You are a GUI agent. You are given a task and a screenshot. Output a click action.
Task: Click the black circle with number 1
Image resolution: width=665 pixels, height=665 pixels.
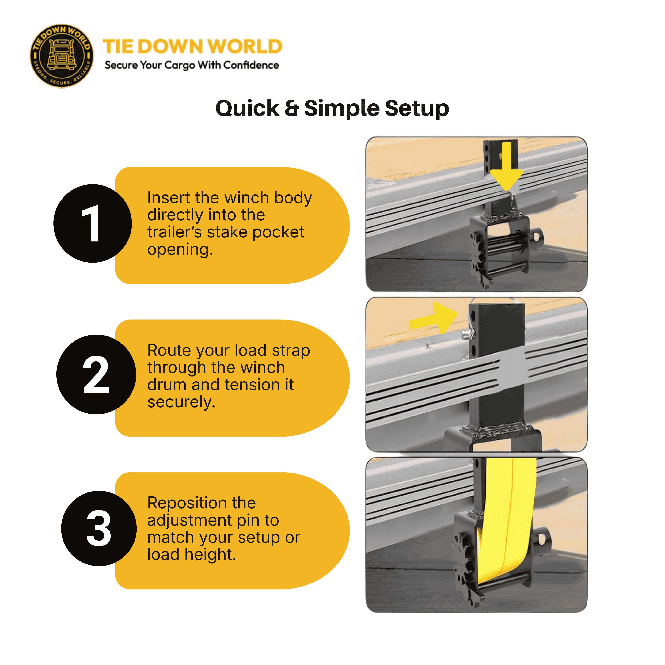coord(93,223)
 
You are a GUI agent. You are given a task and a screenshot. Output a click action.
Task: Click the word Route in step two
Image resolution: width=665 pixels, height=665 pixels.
coord(168,350)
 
